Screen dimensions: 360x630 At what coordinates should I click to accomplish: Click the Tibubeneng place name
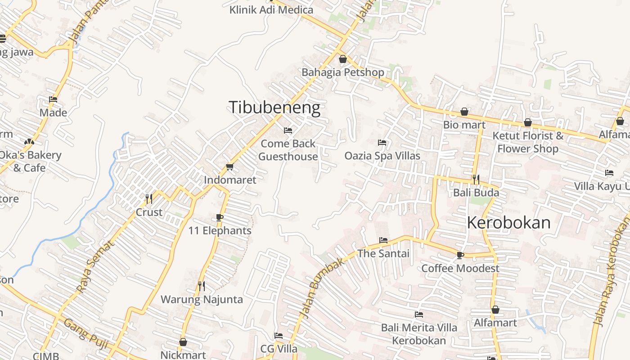click(x=274, y=108)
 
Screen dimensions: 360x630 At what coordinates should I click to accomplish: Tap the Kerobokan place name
click(x=508, y=223)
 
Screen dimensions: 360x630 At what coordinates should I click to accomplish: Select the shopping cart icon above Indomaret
click(x=230, y=167)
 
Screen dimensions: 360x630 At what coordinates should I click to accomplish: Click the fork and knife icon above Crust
click(x=149, y=198)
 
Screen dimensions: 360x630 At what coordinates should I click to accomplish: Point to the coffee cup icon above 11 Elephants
click(x=220, y=218)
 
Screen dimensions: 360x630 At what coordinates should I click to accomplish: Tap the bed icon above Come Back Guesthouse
click(x=288, y=130)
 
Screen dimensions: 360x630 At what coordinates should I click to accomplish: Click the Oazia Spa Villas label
click(x=382, y=156)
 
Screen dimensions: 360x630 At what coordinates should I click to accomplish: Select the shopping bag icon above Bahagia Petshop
click(x=343, y=59)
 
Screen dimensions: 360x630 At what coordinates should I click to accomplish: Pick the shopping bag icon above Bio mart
click(x=464, y=112)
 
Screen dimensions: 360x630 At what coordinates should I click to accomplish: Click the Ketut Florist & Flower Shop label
click(x=528, y=142)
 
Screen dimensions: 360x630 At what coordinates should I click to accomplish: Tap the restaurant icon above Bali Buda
click(x=476, y=180)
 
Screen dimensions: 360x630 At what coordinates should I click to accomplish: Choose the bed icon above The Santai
click(x=383, y=240)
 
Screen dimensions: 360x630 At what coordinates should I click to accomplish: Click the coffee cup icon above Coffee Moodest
click(x=460, y=255)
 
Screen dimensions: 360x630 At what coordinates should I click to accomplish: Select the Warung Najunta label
click(x=202, y=299)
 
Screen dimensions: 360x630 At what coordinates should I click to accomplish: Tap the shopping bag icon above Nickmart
click(x=183, y=342)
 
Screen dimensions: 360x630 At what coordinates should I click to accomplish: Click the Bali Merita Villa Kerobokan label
click(x=419, y=334)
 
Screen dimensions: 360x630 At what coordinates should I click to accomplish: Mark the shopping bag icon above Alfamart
click(x=495, y=310)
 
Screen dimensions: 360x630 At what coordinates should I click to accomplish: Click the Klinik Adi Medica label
click(x=271, y=10)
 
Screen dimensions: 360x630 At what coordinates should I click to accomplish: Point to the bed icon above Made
click(x=53, y=99)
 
